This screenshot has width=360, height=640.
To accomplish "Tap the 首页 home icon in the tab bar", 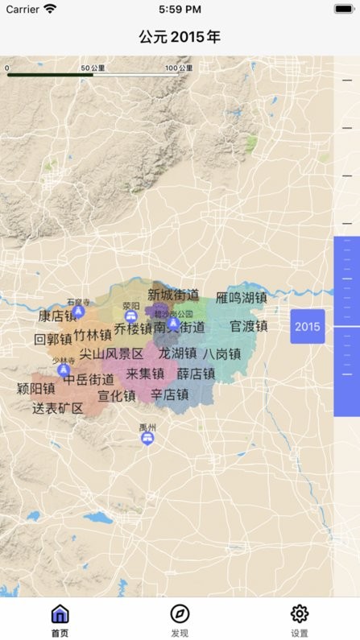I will coord(60,615).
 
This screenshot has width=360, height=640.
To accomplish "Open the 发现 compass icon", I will coord(180,615).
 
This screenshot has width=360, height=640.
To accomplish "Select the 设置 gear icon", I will coord(300,615).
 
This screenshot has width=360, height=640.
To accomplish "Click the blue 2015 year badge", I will coord(308,326).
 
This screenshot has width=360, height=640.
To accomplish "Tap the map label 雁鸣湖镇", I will coord(241,298).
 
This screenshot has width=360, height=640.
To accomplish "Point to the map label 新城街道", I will coord(174,295).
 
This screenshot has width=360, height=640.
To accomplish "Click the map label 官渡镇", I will coord(248,326).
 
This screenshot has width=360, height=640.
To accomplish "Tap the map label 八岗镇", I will coord(221,353).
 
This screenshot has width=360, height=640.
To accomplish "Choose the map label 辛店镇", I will coord(170,394).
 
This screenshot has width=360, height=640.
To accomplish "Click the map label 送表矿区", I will coord(58,408).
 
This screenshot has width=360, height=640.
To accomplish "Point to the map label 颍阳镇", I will coord(36,388).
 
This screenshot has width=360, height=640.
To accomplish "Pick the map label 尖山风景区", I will coord(111,353).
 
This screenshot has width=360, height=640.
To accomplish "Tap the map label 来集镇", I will coord(145,374).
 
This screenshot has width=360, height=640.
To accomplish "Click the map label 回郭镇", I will coord(53,339).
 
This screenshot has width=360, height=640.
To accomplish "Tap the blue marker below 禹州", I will coord(147,438).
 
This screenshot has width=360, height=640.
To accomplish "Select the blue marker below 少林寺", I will coord(64,370).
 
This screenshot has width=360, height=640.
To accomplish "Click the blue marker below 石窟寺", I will coord(78,311).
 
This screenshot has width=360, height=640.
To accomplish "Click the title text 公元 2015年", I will coord(180,37).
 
